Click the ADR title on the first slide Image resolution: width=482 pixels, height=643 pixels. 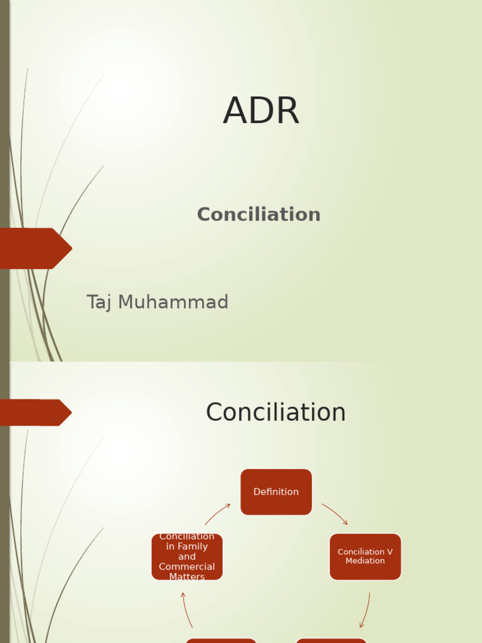tap(261, 112)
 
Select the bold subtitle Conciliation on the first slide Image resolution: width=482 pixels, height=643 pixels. tap(259, 215)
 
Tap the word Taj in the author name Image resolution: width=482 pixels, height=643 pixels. tap(99, 303)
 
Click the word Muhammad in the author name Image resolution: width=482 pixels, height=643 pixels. tap(173, 303)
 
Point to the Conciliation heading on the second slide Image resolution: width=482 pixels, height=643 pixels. tap(276, 413)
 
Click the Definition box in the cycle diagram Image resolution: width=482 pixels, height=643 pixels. tap(276, 492)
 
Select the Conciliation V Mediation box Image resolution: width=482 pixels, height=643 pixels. tap(365, 556)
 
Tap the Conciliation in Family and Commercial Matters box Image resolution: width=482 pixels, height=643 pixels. tap(187, 556)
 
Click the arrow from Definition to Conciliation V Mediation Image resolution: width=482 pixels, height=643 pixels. tap(335, 514)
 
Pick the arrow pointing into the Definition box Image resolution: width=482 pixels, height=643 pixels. tap(217, 514)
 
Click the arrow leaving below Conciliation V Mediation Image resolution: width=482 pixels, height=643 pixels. tap(365, 610)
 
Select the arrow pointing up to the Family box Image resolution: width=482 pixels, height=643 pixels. tap(187, 610)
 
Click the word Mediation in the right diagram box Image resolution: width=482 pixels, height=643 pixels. tap(365, 561)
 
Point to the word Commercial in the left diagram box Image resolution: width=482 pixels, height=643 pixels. tap(187, 567)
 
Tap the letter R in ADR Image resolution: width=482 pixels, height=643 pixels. tap(287, 112)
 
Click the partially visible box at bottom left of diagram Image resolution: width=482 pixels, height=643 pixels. tap(221, 640)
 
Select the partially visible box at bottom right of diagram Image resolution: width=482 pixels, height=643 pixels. tap(331, 640)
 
